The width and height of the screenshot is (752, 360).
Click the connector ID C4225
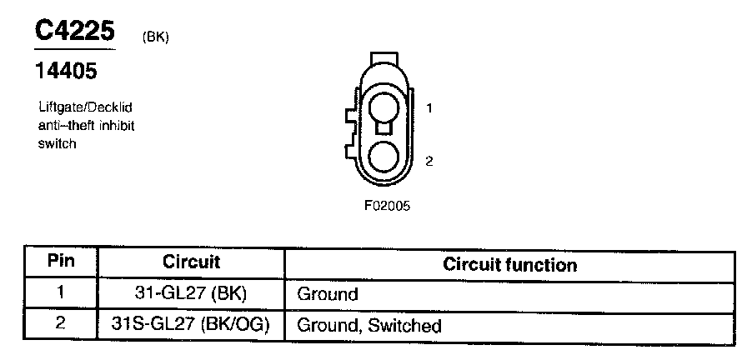click(x=75, y=31)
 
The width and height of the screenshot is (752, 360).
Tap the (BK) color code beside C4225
click(x=156, y=37)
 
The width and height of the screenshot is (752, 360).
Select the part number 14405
click(x=66, y=72)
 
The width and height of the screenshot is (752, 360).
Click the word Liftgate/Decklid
click(x=86, y=108)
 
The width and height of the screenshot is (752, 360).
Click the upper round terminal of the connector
click(x=384, y=109)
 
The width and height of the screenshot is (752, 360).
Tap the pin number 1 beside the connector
click(x=429, y=108)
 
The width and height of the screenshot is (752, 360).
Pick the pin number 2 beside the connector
click(x=429, y=161)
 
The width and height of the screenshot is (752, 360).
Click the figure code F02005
click(x=387, y=204)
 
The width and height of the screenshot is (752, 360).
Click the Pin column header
click(x=60, y=262)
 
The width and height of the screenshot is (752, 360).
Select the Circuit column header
click(x=191, y=262)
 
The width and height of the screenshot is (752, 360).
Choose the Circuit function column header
click(x=509, y=265)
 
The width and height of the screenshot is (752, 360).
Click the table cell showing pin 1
click(x=60, y=293)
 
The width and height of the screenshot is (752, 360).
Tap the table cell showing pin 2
click(x=60, y=323)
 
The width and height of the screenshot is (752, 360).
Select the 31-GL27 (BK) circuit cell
click(x=191, y=293)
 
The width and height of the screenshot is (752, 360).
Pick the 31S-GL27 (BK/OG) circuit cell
click(x=191, y=324)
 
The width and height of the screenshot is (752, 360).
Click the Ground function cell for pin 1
click(x=328, y=294)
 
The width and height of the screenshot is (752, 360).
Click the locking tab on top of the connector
click(x=384, y=59)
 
